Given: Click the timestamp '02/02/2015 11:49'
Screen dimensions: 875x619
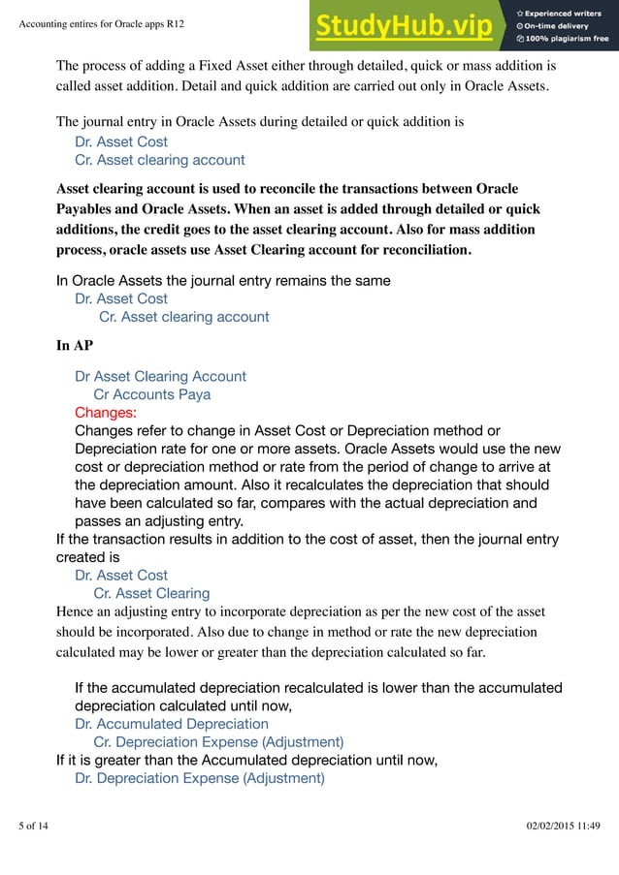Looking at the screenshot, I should tap(563, 826).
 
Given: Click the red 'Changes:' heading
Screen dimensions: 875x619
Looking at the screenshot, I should tap(106, 413).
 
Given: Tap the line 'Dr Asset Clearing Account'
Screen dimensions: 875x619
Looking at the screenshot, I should tap(160, 376).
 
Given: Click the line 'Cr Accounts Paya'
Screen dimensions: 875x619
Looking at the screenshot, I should tap(151, 394).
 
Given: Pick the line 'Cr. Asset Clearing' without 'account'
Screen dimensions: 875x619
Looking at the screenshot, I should tap(150, 593).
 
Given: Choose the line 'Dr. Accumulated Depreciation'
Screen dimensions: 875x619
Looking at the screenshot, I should tap(171, 724).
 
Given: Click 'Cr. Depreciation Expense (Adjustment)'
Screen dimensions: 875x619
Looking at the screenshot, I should tap(217, 742).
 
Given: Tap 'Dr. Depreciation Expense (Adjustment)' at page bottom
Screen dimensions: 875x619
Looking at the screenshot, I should tap(199, 778).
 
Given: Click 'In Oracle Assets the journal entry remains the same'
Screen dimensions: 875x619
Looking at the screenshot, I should tap(223, 281).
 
